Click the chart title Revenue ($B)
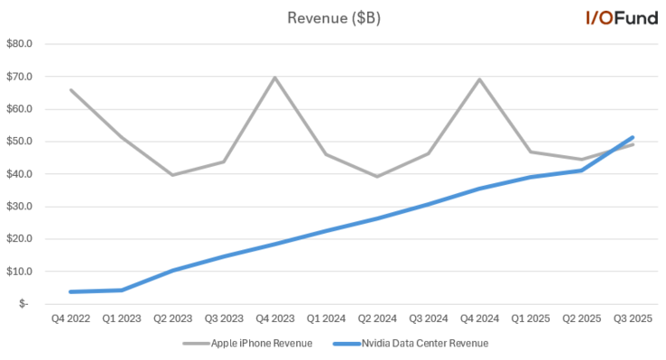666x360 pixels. tap(333, 18)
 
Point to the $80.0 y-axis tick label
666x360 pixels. tap(19, 43)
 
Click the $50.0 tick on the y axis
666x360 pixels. tap(19, 142)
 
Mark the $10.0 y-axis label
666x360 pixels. tap(19, 272)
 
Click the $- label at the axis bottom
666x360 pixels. tap(24, 304)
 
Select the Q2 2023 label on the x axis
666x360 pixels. tap(172, 318)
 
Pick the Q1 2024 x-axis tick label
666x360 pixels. tap(326, 318)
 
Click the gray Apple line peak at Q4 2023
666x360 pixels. tap(274, 78)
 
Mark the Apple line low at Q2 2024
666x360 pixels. tap(376, 176)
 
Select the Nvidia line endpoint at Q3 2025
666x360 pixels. tap(633, 137)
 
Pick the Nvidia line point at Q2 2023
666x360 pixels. tap(172, 270)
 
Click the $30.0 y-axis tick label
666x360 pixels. tap(19, 207)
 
